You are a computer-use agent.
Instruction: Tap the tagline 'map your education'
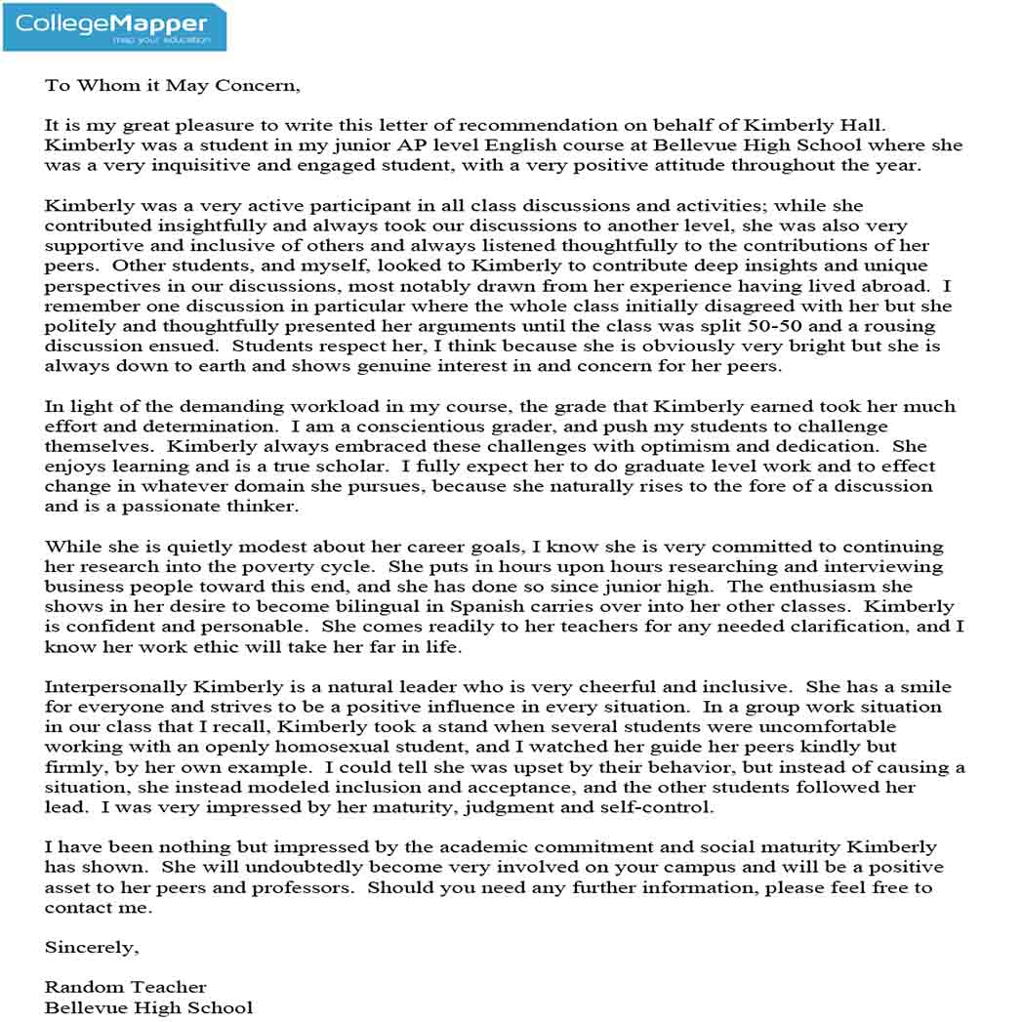pos(161,40)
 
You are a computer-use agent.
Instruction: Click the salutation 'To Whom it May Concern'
pos(172,85)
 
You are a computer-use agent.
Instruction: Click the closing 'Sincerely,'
pos(92,947)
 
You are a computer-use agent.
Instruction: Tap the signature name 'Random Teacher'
pos(125,987)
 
